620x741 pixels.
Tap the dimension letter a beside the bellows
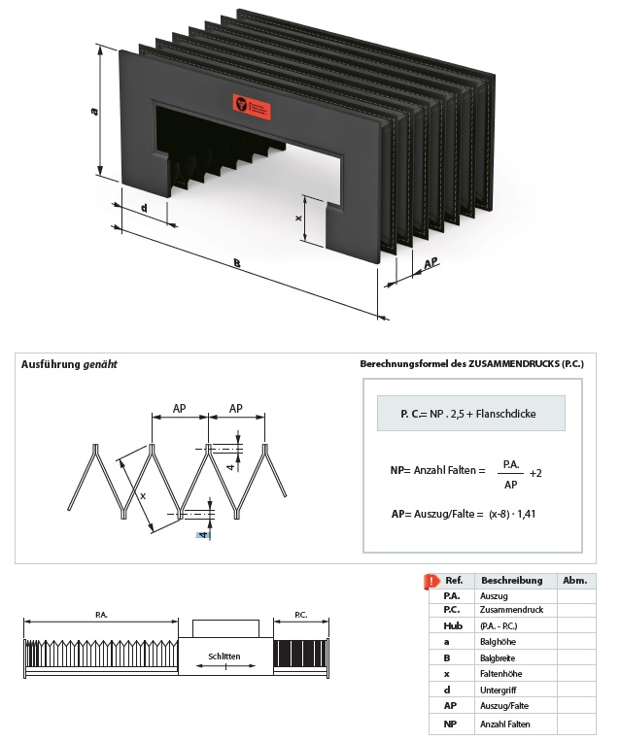94,113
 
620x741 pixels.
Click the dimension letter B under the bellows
236,262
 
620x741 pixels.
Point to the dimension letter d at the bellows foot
144,208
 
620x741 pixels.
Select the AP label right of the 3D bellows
431,262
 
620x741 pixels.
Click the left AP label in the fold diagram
180,409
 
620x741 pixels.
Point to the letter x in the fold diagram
142,495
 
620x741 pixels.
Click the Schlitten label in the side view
224,657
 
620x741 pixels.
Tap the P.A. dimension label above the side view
101,615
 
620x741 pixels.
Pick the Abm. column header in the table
574,580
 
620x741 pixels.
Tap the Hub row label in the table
451,626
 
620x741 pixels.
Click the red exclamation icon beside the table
431,582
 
